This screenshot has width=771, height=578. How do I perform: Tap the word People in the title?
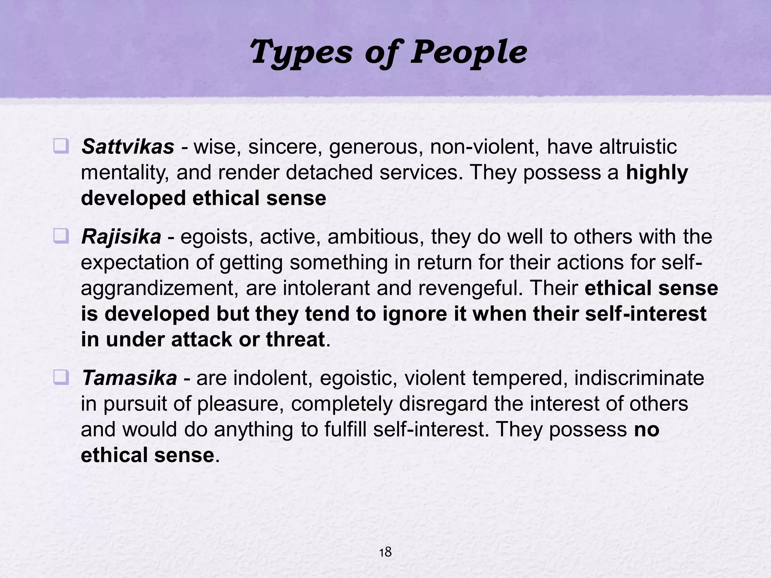click(x=468, y=53)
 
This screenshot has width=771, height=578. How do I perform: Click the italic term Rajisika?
click(x=121, y=237)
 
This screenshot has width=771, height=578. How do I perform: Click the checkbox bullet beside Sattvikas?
click(x=61, y=146)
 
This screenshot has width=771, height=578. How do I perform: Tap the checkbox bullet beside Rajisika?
click(x=61, y=236)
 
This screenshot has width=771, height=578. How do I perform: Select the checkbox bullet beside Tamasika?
click(x=61, y=377)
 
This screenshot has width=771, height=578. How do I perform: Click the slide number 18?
click(x=385, y=552)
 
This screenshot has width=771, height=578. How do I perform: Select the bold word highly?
click(x=657, y=173)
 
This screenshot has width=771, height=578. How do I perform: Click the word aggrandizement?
click(x=160, y=288)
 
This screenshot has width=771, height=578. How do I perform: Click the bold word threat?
click(x=296, y=339)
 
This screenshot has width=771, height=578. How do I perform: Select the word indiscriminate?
click(x=639, y=378)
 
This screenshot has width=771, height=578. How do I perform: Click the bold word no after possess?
click(x=646, y=429)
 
